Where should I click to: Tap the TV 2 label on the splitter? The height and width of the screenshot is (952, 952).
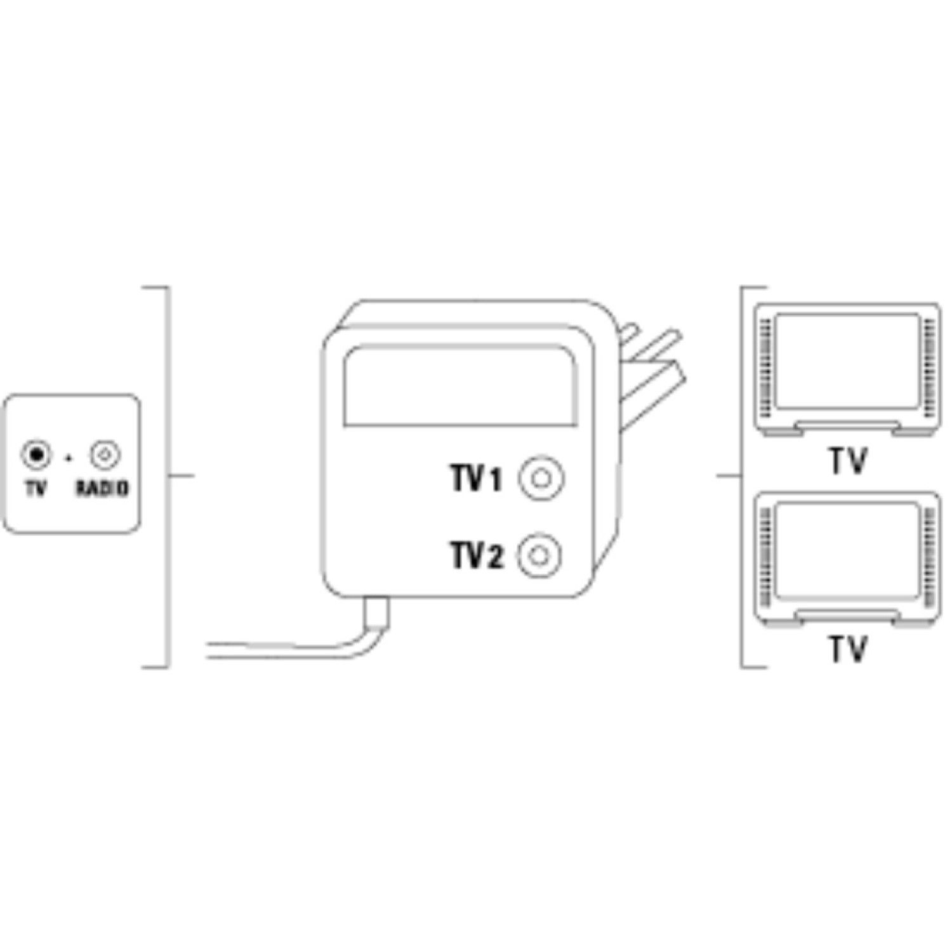pyautogui.click(x=477, y=556)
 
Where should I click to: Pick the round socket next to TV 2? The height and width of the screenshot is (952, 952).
pyautogui.click(x=539, y=556)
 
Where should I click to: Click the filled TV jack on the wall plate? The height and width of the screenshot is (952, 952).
pyautogui.click(x=36, y=454)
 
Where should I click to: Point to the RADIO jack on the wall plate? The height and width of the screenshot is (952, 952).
pyautogui.click(x=105, y=454)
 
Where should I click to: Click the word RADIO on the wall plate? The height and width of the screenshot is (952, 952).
pyautogui.click(x=102, y=488)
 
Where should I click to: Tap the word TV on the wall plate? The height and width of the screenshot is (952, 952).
pyautogui.click(x=36, y=488)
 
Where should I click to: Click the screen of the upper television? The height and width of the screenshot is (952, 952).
pyautogui.click(x=847, y=361)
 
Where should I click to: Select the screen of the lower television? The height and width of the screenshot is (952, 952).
pyautogui.click(x=847, y=549)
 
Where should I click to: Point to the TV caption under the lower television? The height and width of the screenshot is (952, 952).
pyautogui.click(x=847, y=649)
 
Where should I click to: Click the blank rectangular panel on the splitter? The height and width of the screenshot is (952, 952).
pyautogui.click(x=461, y=385)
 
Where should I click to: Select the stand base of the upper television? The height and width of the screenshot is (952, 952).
pyautogui.click(x=847, y=427)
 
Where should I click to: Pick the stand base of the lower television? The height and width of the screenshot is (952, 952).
pyautogui.click(x=847, y=615)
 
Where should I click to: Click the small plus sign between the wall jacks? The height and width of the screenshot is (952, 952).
pyautogui.click(x=69, y=456)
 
